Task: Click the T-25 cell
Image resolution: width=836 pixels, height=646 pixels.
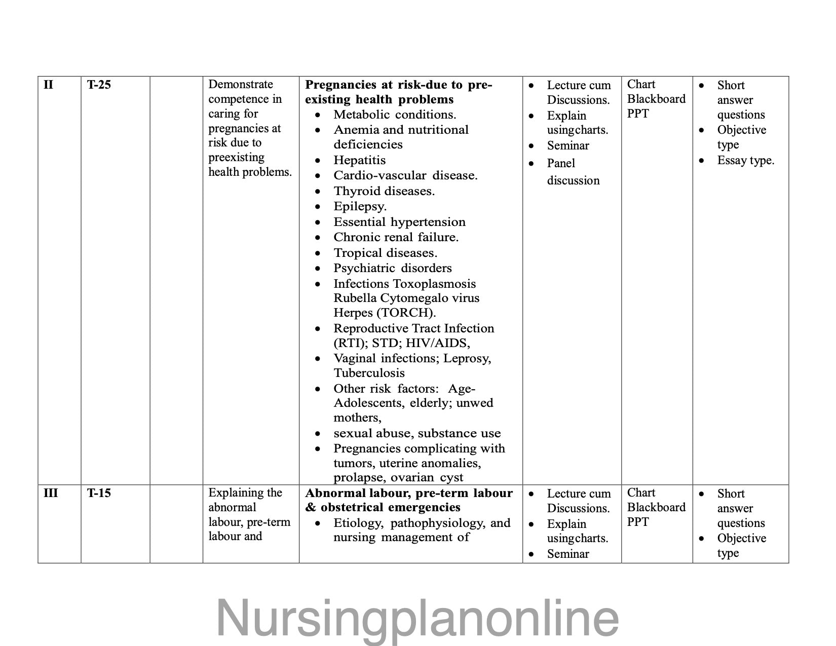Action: [99, 85]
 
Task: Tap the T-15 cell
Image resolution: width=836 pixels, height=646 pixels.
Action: [99, 493]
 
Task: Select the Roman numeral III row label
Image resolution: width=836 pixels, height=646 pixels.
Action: [51, 493]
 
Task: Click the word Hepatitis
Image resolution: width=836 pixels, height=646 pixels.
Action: [359, 161]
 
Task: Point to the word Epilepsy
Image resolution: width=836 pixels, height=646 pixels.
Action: [360, 207]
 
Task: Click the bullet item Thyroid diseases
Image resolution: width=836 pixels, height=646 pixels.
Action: [384, 192]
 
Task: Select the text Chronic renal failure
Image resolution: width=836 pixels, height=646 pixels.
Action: [396, 238]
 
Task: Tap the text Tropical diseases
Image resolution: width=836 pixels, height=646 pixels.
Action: [385, 253]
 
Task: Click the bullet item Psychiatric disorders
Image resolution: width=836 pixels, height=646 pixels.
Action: [392, 269]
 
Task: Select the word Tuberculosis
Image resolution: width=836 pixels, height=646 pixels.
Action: [369, 373]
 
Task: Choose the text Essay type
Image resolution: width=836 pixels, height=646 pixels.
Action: [745, 161]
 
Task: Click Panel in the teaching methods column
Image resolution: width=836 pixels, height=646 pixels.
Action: [561, 164]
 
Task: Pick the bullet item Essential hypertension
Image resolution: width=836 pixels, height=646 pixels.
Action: [399, 222]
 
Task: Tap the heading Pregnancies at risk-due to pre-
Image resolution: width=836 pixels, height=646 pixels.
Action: [399, 85]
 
